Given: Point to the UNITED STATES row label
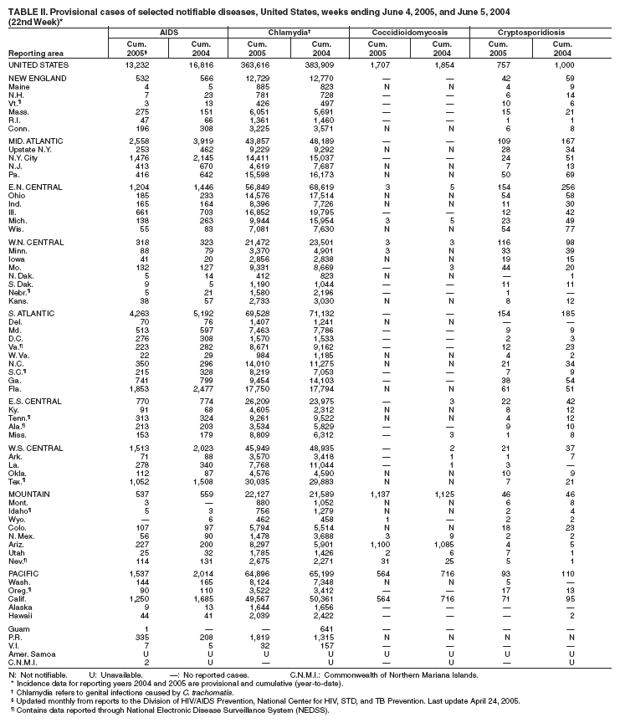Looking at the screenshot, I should pos(36,64).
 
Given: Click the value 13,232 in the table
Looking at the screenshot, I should pos(136,64).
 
